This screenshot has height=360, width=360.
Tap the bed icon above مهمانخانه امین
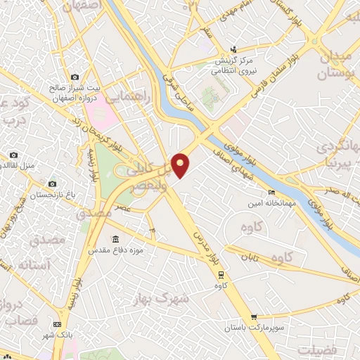[x=271, y=192]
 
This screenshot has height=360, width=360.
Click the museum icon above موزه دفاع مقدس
[x=115, y=239]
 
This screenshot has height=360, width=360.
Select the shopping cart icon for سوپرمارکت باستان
[x=254, y=317]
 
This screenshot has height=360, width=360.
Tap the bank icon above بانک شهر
[x=57, y=323]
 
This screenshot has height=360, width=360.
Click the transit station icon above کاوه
[x=221, y=274]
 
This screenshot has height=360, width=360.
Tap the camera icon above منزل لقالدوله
[x=13, y=155]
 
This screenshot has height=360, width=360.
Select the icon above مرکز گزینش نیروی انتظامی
[x=233, y=49]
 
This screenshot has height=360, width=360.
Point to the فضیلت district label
[x=317, y=349]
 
